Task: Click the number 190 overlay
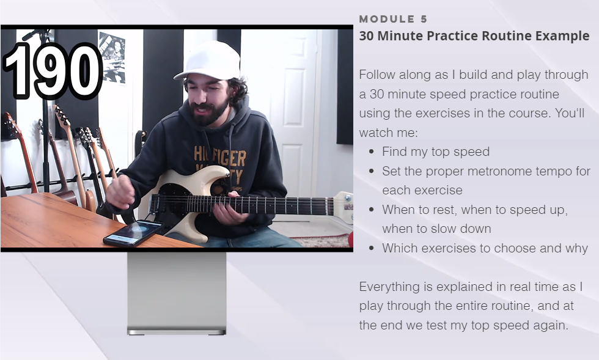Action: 53,71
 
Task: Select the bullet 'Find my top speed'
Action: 436,152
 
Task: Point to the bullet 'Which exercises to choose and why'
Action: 485,248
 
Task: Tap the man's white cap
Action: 209,61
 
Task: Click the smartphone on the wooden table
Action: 133,232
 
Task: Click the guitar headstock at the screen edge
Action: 343,207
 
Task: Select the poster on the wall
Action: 111,57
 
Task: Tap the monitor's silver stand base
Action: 177,331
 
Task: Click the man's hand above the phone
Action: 120,191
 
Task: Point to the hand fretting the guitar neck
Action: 229,209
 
